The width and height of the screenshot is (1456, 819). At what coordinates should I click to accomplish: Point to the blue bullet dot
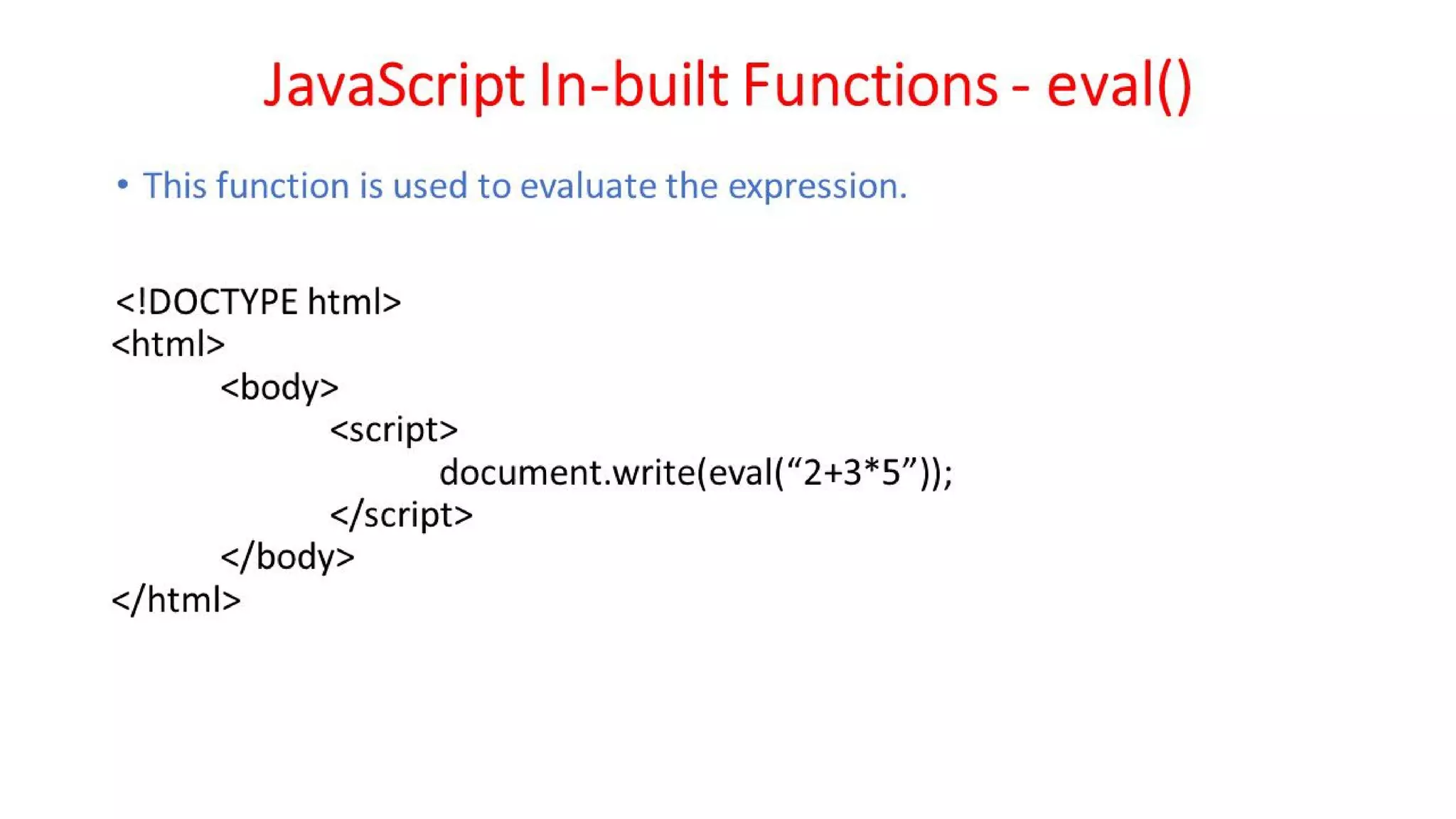(x=123, y=185)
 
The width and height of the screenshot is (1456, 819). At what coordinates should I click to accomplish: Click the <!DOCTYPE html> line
(x=258, y=302)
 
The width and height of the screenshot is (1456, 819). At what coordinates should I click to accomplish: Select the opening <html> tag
(x=168, y=345)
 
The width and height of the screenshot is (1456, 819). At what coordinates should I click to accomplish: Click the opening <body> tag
(x=279, y=388)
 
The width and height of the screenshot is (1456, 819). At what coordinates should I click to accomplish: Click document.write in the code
(x=567, y=473)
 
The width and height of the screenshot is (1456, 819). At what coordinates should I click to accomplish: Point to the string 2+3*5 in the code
(x=851, y=473)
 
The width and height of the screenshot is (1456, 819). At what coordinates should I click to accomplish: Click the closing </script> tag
(x=401, y=515)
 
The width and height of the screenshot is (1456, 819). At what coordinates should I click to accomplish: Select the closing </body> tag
(x=287, y=557)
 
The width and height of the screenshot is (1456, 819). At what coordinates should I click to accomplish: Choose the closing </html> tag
(x=176, y=601)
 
